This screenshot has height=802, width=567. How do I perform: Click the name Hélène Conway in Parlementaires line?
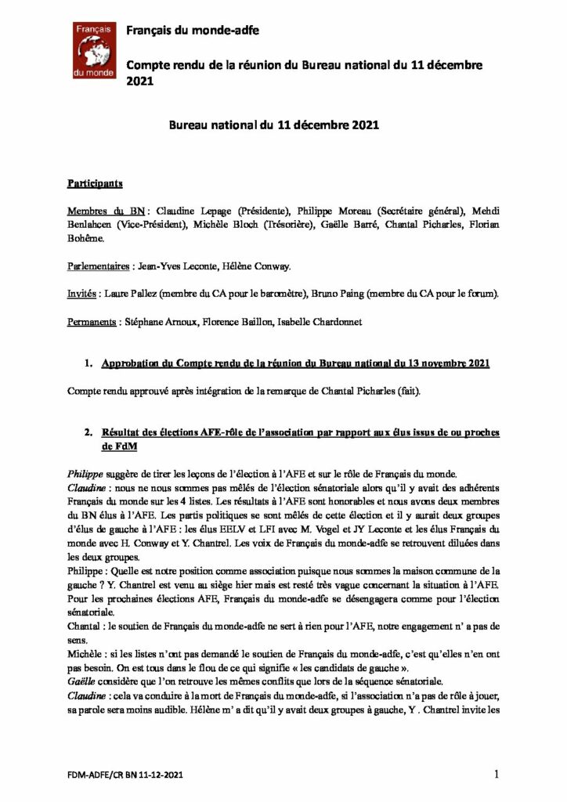tap(262, 266)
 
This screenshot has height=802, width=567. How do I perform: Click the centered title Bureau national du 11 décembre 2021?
tap(283, 125)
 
